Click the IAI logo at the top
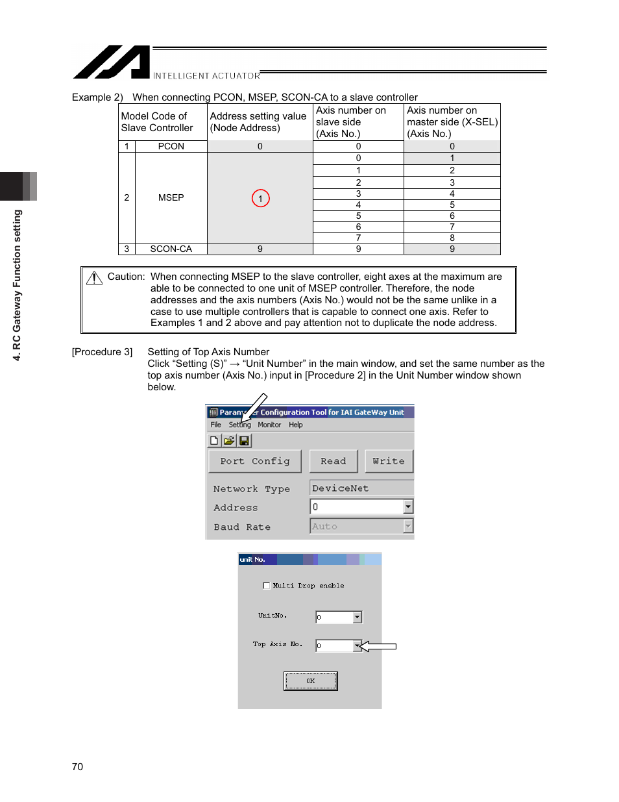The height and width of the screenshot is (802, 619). click(x=112, y=62)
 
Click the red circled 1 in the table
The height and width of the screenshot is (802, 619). click(x=260, y=199)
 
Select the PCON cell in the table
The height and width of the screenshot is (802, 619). click(x=171, y=147)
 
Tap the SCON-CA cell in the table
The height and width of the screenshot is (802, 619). click(x=171, y=249)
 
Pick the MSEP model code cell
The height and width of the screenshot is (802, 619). click(x=171, y=198)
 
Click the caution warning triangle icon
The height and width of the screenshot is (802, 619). click(x=95, y=278)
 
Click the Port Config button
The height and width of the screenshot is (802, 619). click(x=255, y=461)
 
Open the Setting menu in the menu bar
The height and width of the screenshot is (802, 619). click(x=239, y=425)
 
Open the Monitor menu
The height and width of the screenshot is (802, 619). click(x=269, y=425)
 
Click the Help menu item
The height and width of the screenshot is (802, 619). click(x=296, y=425)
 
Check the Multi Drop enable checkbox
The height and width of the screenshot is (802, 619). click(x=267, y=586)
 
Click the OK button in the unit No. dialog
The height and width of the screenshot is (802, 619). click(x=310, y=681)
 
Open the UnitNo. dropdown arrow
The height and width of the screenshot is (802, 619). click(x=357, y=617)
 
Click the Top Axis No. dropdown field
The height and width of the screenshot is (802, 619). click(x=335, y=645)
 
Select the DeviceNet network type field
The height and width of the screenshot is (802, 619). click(x=361, y=488)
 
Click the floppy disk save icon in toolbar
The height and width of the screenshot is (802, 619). click(x=244, y=441)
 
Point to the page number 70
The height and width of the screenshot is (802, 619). click(x=77, y=767)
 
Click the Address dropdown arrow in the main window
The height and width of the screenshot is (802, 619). click(x=408, y=507)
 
